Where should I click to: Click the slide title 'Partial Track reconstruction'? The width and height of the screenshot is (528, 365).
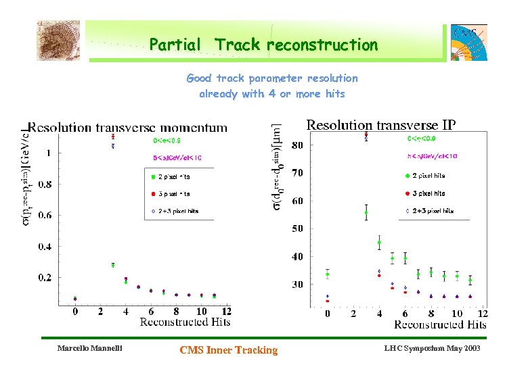click(263, 45)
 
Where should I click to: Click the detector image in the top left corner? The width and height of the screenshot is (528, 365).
click(58, 40)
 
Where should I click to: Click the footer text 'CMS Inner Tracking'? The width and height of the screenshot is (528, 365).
click(228, 349)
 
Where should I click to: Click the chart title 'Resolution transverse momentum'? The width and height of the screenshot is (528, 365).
click(127, 126)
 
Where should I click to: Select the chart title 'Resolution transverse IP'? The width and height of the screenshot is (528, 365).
click(381, 124)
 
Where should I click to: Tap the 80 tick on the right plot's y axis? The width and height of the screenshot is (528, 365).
click(297, 145)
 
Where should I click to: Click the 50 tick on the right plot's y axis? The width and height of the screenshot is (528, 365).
click(297, 228)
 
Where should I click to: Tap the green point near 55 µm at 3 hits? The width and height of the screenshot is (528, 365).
click(366, 212)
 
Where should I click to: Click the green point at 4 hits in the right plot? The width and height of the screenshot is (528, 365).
click(379, 243)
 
